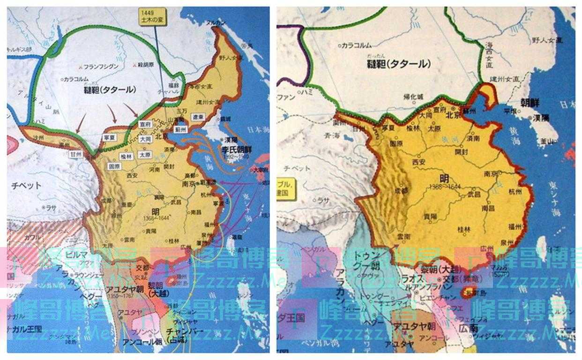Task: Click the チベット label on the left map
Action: point(27,186)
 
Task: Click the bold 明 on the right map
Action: point(445,178)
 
